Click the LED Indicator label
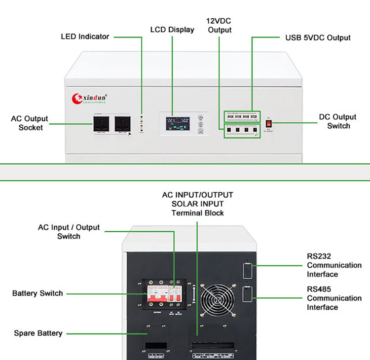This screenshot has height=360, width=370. [x=85, y=36]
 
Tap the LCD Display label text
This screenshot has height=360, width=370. [x=172, y=29]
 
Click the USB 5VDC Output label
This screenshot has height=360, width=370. [x=318, y=37]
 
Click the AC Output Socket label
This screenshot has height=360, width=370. [x=30, y=123]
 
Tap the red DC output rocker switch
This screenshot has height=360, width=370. [x=269, y=124]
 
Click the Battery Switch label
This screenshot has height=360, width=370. [x=37, y=293]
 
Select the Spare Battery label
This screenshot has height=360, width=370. [x=38, y=333]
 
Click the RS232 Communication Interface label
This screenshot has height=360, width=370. [x=334, y=265]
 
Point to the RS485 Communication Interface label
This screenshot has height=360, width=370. [x=334, y=298]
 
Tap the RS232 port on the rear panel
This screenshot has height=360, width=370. [x=248, y=271]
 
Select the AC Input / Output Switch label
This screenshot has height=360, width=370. [x=69, y=232]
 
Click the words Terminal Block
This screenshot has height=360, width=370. [x=197, y=213]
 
